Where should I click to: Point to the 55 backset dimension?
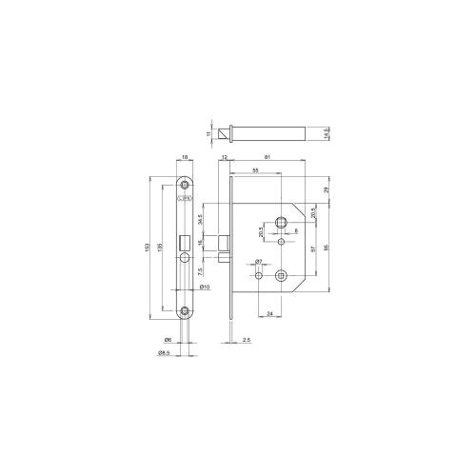256,169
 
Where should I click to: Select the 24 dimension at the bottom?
270,313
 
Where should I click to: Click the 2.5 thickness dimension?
247,340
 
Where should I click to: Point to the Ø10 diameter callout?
204,287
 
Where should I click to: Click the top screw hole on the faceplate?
185,185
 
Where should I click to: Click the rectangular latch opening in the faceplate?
185,245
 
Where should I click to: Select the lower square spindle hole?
279,277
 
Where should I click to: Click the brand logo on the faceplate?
185,199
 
